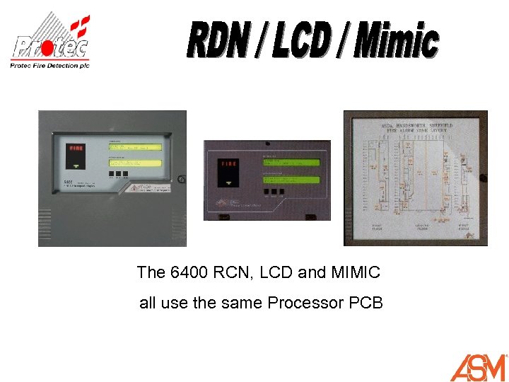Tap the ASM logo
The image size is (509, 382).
[479, 366]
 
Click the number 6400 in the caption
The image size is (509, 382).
[190, 272]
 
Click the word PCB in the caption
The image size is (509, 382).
[365, 303]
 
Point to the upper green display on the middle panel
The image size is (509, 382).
[291, 162]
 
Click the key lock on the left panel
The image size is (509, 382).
[182, 179]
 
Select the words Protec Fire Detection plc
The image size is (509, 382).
[49, 65]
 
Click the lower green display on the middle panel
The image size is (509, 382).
[291, 175]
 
